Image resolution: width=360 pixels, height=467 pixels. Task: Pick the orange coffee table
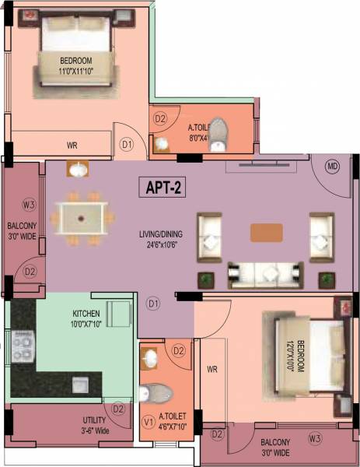point(267,233)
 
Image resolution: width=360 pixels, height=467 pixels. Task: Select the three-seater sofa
point(264,272)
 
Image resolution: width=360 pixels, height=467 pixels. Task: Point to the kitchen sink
point(80,384)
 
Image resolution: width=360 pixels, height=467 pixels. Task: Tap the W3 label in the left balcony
point(29,205)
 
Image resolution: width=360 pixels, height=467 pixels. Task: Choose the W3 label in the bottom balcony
point(314,439)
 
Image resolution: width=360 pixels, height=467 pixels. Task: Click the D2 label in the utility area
point(118,409)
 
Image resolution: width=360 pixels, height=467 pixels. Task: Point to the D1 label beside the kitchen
point(153,303)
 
